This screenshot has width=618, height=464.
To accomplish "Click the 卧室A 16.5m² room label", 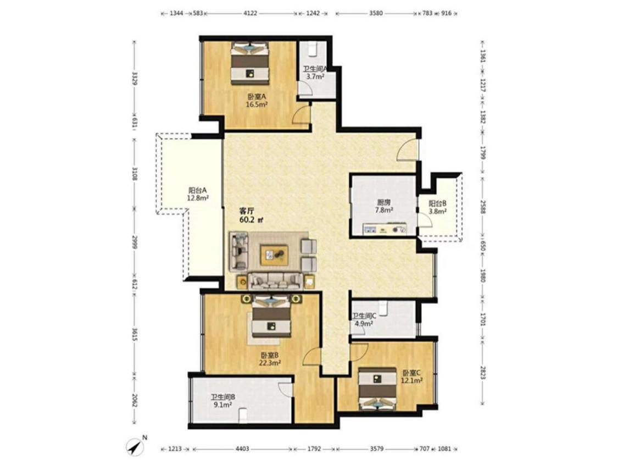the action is pyautogui.click(x=257, y=101).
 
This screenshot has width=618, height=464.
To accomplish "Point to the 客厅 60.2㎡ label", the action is pyautogui.click(x=251, y=216).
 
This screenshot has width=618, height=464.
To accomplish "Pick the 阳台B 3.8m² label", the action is pyautogui.click(x=437, y=208).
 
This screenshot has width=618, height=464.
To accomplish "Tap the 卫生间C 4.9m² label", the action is pyautogui.click(x=364, y=320).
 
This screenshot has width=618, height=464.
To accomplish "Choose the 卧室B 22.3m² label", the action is pyautogui.click(x=270, y=359).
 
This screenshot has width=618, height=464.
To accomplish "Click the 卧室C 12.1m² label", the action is pyautogui.click(x=411, y=377).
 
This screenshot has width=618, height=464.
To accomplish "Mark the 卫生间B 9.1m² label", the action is pyautogui.click(x=222, y=401).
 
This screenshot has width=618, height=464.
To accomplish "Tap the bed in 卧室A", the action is pyautogui.click(x=250, y=63).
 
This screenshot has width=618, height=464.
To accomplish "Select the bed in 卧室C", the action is pyautogui.click(x=377, y=389).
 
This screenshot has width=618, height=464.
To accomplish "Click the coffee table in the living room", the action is pyautogui.click(x=274, y=255).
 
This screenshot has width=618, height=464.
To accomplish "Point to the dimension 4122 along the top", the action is pyautogui.click(x=250, y=13).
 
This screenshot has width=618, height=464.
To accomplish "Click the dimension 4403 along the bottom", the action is pyautogui.click(x=242, y=449).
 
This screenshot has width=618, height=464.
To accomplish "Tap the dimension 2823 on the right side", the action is pyautogui.click(x=482, y=372).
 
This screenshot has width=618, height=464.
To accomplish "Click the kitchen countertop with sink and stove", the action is pyautogui.click(x=385, y=229).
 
